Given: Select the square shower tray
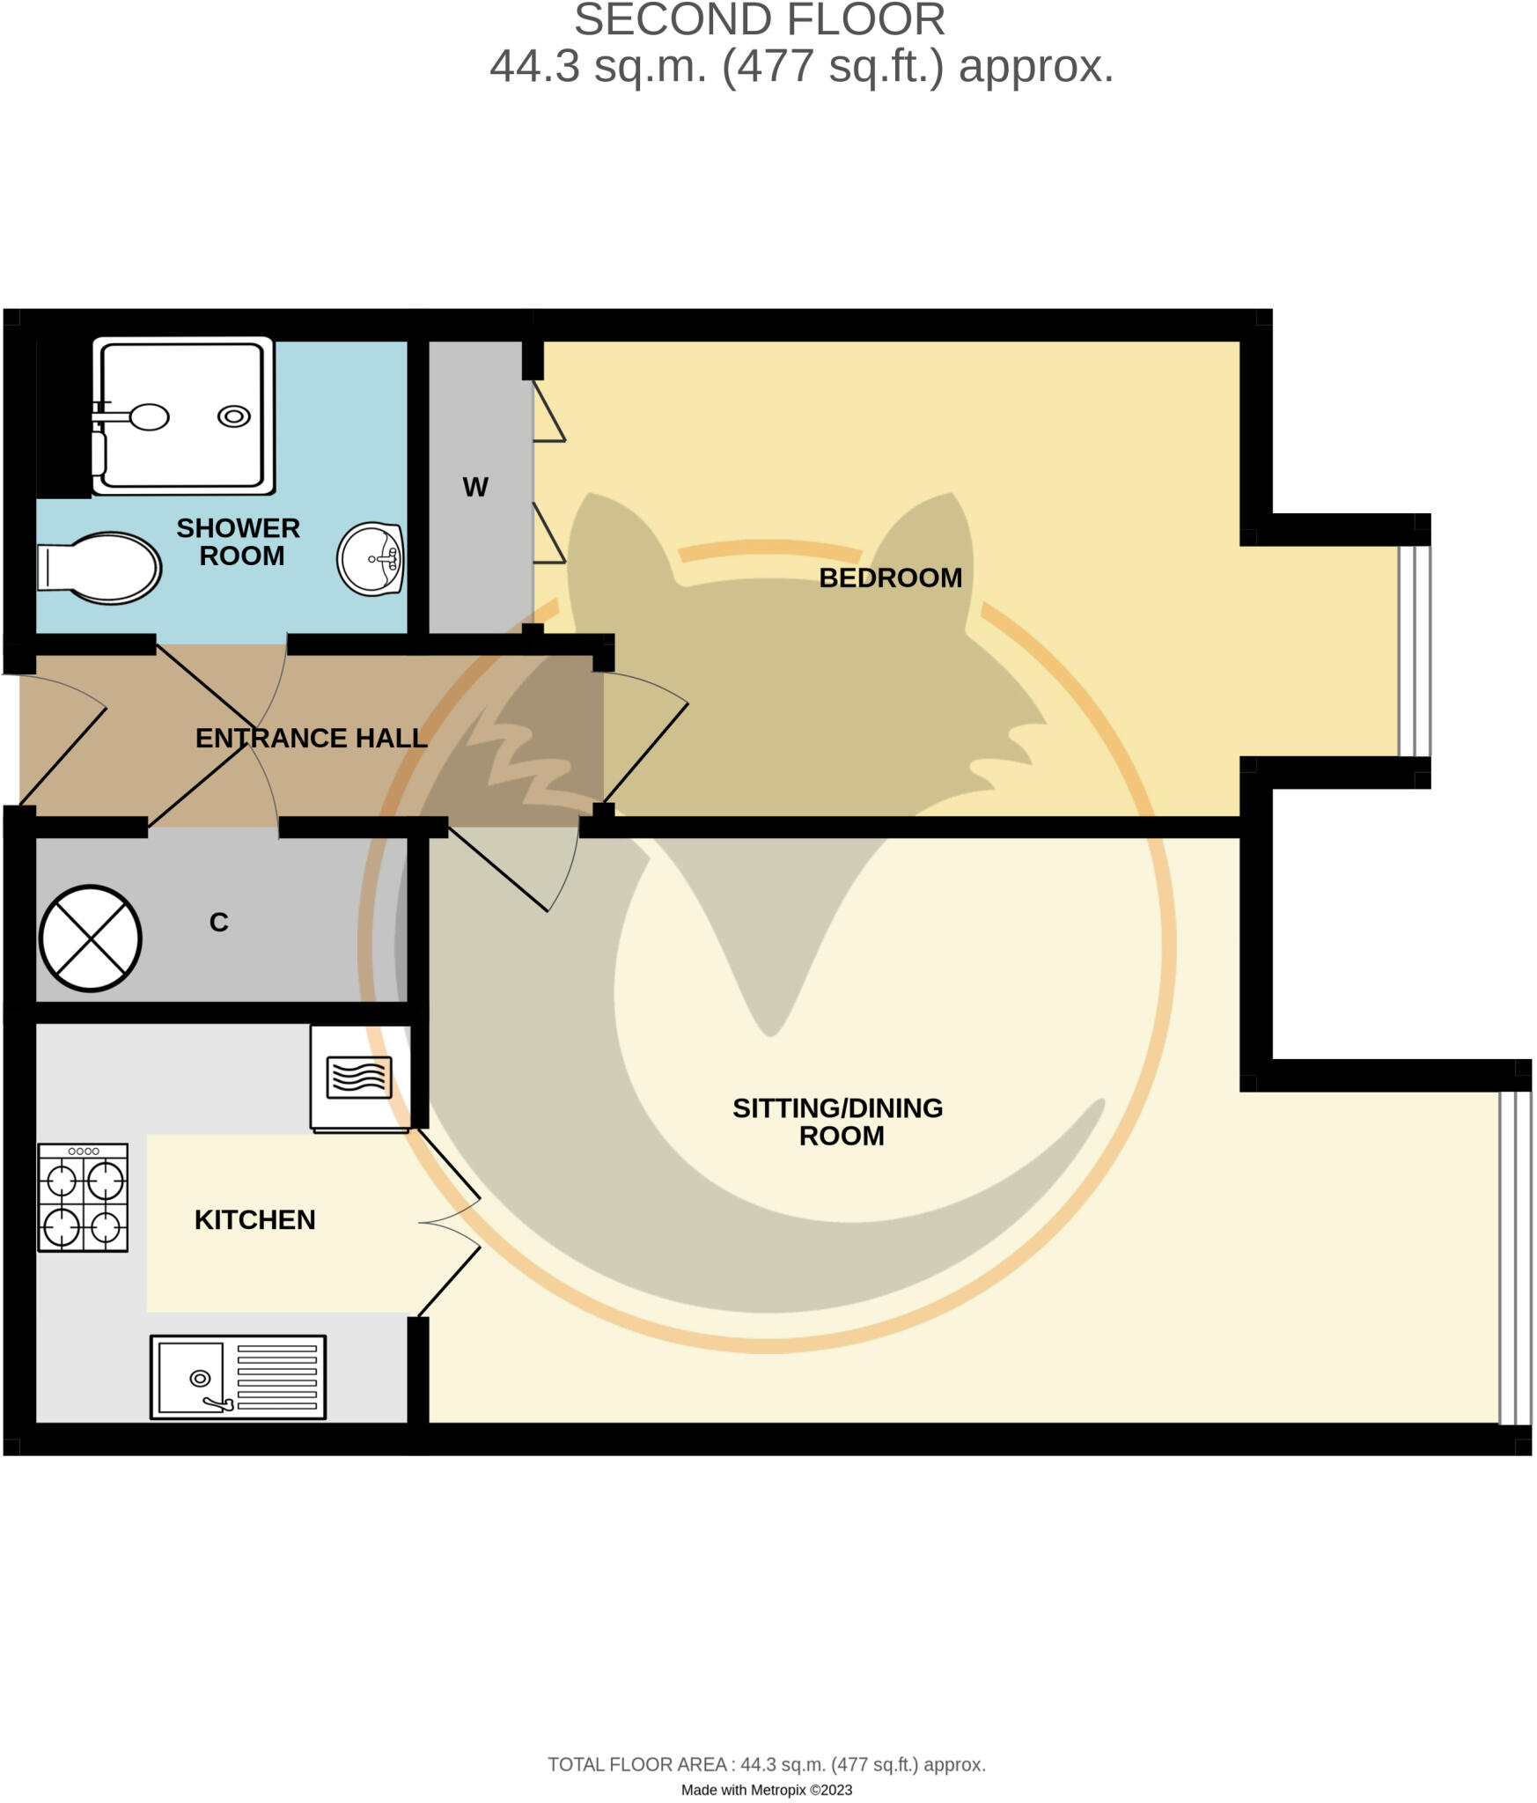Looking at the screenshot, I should tap(183, 416).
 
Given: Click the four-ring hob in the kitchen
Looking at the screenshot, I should tap(83, 1197).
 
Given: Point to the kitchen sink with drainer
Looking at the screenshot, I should tap(238, 1377).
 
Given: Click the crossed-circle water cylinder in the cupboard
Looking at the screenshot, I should tap(91, 938).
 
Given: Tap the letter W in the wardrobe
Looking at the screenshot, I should tap(475, 487).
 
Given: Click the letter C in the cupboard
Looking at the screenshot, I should tap(218, 922).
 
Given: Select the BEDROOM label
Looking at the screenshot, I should tap(890, 578).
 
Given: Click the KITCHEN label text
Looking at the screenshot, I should tap(254, 1219).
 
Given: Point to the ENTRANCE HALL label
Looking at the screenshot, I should tap(311, 738).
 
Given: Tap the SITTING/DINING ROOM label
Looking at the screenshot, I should tap(838, 1122).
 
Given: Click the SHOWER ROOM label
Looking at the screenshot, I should tap(239, 541).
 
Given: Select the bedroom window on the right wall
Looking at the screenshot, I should tap(1414, 651).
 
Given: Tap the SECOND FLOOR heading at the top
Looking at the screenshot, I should tap(759, 20).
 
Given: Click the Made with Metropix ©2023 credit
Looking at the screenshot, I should tap(767, 1790).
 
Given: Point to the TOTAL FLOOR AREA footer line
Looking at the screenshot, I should tap(767, 1764).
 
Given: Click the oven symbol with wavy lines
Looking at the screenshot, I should tap(359, 1078).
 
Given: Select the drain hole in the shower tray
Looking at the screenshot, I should tap(233, 416).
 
